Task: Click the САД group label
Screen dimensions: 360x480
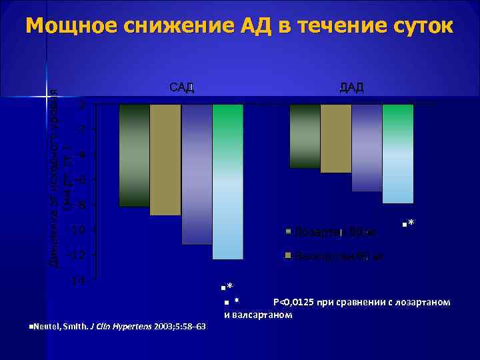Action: pyautogui.click(x=181, y=88)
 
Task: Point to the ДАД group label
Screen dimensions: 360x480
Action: pyautogui.click(x=351, y=88)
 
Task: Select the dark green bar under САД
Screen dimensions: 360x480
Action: pyautogui.click(x=134, y=155)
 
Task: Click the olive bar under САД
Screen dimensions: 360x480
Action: pyautogui.click(x=165, y=160)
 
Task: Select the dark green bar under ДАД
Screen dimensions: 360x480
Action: pyautogui.click(x=305, y=136)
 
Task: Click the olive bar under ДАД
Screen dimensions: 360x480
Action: pyautogui.click(x=336, y=139)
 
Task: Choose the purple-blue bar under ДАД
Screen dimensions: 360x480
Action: pyautogui.click(x=367, y=148)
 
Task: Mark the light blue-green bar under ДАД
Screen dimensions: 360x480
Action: pyautogui.click(x=398, y=154)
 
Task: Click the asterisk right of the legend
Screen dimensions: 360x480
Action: pyautogui.click(x=409, y=223)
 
